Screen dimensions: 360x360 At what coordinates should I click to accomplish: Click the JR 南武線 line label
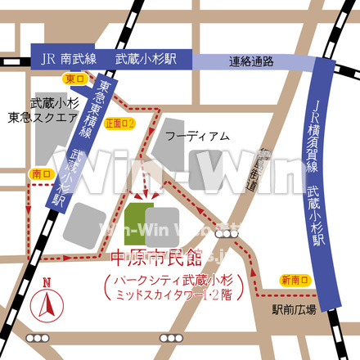[70, 59]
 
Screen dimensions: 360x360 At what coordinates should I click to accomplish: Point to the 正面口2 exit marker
[119, 123]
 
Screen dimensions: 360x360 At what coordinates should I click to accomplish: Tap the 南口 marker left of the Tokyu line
[40, 173]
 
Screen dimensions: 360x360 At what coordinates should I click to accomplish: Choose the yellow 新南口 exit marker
[295, 281]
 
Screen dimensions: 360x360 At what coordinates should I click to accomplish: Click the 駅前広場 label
[295, 310]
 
